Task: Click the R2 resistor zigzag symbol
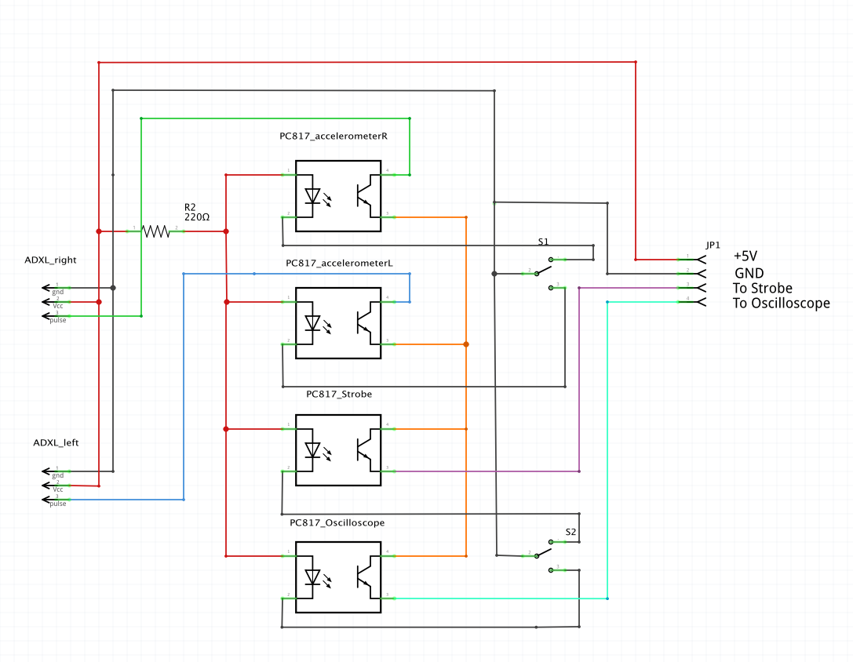[x=155, y=231]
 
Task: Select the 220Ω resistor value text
[x=197, y=216]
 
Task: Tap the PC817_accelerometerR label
[x=334, y=136]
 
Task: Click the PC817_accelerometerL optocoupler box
[x=338, y=322]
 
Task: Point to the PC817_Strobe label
[x=339, y=394]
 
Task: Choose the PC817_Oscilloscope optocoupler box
[x=338, y=577]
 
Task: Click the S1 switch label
[x=543, y=242]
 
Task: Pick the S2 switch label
[x=571, y=533]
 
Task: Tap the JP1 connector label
[x=713, y=245]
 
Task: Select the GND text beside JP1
[x=749, y=273]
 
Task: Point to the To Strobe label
[x=763, y=288]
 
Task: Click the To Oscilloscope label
[x=781, y=304]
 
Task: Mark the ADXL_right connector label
[x=50, y=260]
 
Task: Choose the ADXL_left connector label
[x=56, y=442]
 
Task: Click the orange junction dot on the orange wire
[x=466, y=344]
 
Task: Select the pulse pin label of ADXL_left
[x=58, y=504]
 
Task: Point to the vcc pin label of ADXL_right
[x=58, y=306]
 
